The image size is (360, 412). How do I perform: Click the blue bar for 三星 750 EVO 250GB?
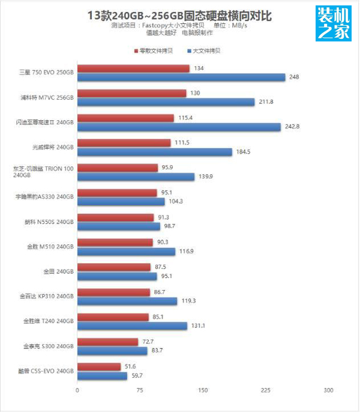coord(181,77)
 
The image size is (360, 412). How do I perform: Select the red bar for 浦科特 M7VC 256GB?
coord(132,93)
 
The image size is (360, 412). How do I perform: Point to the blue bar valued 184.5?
coord(155,152)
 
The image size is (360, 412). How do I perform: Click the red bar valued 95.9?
coord(118,168)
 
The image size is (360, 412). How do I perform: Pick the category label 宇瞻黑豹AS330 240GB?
coord(45,196)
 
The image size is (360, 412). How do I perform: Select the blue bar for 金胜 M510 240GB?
coord(127,251)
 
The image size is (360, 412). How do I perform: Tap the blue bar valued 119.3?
coord(127,301)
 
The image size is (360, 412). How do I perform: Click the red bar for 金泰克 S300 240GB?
coord(108,342)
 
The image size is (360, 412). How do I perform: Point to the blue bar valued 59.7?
coord(103,375)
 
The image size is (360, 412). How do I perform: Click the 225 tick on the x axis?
coord(265,390)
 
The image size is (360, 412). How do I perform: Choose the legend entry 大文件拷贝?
coord(203,51)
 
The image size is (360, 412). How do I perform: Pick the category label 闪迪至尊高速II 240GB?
coord(45,122)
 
